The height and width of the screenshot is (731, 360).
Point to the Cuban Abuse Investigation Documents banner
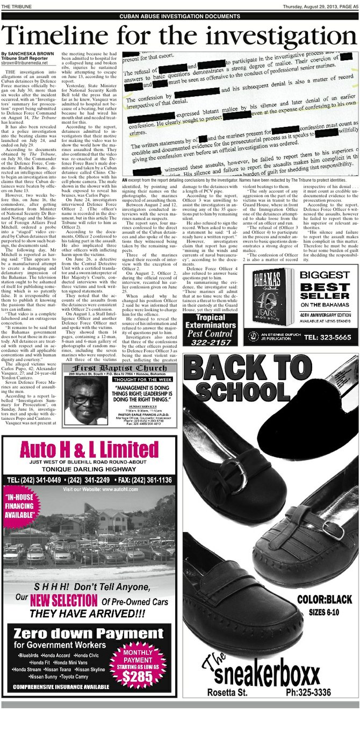[x=179, y=17]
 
